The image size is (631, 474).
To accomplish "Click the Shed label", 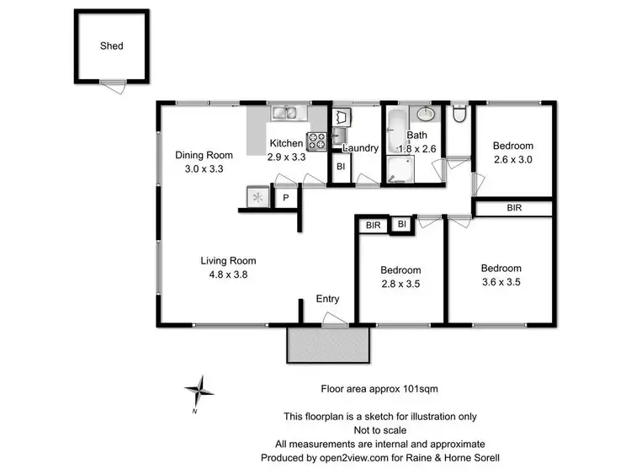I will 111,45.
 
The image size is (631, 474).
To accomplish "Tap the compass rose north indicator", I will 200,390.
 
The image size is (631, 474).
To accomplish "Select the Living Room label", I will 228,260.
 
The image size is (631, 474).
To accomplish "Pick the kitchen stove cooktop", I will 316,141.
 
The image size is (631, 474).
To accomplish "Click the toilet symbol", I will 459,114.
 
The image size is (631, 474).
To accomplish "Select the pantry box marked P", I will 285,198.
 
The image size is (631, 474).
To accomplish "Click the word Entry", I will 327,299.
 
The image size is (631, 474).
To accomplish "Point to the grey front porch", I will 328,344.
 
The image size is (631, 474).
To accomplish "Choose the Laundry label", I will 360,149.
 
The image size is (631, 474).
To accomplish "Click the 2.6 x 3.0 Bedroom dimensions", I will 513,159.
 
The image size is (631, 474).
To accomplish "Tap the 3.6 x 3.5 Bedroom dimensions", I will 501,282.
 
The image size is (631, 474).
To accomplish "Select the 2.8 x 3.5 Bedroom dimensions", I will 400,284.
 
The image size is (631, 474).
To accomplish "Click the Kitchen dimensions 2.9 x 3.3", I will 286,157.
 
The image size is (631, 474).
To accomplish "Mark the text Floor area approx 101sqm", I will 380,389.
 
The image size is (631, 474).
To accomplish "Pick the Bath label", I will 417,135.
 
